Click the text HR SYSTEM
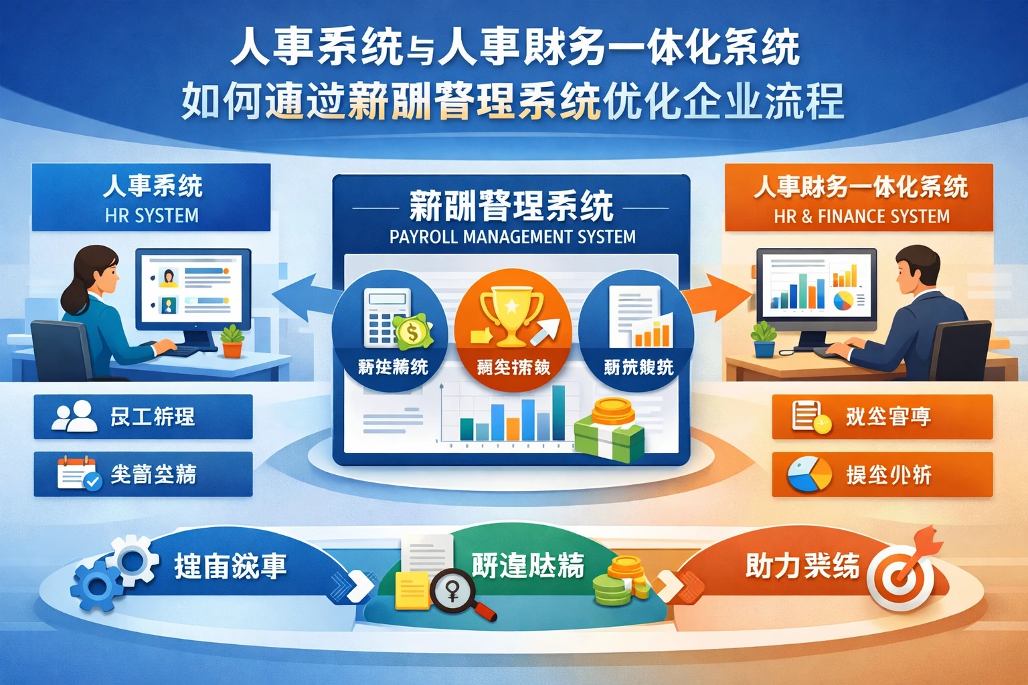(x=152, y=215)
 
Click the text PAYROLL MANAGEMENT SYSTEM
(x=513, y=237)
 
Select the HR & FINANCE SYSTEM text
(x=861, y=216)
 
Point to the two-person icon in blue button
(x=74, y=416)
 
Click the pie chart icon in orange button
(x=808, y=474)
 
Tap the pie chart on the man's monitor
(x=844, y=300)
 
